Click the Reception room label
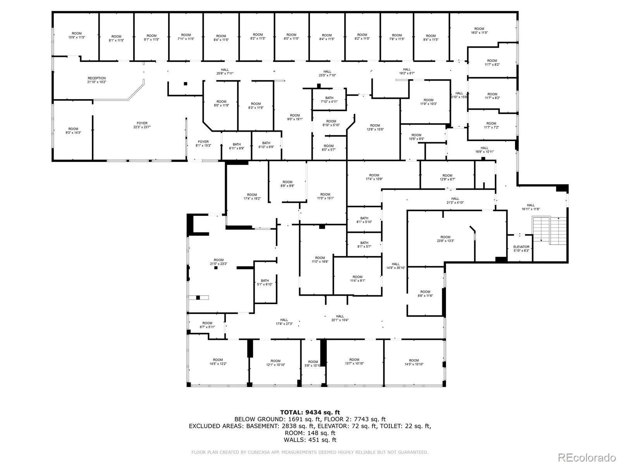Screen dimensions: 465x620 click(96, 80)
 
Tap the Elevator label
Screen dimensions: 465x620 click(521, 249)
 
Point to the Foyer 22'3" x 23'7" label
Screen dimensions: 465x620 click(142, 125)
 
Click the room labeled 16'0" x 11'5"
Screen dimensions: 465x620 click(479, 31)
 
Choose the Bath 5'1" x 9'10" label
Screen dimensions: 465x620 click(265, 282)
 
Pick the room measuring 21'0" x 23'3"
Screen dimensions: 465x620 click(219, 262)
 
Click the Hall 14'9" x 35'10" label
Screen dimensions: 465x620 click(395, 266)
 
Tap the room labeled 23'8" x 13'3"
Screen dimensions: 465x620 click(445, 239)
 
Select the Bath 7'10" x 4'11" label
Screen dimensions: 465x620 click(329, 100)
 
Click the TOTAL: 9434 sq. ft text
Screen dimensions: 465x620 click(310, 412)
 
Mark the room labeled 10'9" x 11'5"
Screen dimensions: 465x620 click(77, 35)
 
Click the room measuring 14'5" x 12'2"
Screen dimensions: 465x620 click(218, 362)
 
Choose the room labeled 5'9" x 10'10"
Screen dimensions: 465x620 click(313, 363)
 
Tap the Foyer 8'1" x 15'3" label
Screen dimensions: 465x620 click(203, 143)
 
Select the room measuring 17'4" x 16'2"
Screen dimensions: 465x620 click(252, 196)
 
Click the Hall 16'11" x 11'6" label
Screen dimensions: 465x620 click(530, 207)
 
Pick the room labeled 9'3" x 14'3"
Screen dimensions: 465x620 click(73, 131)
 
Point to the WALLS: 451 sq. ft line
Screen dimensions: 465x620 click(310, 440)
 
